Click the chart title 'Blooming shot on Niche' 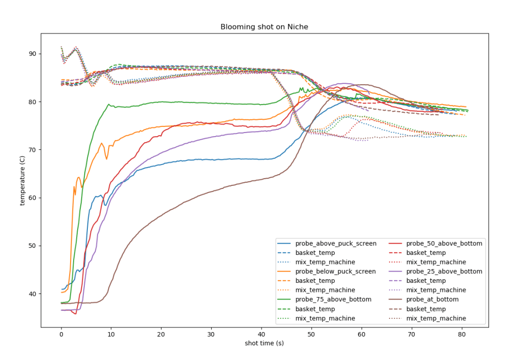pyautogui.click(x=264, y=27)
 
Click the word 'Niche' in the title pyautogui.click(x=298, y=27)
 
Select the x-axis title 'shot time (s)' pyautogui.click(x=264, y=344)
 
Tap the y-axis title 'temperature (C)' pyautogui.click(x=22, y=180)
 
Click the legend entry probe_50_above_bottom pyautogui.click(x=438, y=244)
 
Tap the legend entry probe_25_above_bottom pyautogui.click(x=438, y=272)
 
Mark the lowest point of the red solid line pyautogui.click(x=76, y=314)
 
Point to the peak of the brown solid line pyautogui.click(x=363, y=85)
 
